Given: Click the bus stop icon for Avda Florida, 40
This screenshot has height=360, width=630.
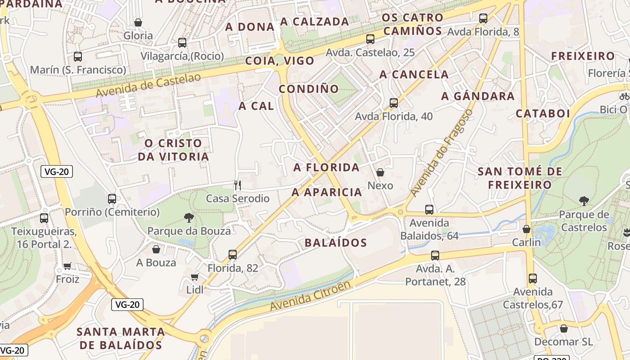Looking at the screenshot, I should click(394, 103).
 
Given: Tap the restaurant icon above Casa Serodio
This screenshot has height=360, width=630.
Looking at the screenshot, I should click(238, 185).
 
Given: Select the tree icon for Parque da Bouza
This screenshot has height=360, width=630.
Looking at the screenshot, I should click(189, 218).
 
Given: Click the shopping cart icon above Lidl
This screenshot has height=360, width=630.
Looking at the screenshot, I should click(194, 277).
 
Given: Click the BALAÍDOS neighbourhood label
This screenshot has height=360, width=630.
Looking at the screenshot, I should click(336, 243).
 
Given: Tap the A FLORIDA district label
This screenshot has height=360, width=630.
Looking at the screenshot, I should click(327, 168).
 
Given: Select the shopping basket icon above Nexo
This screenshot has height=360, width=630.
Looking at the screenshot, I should click(380, 172).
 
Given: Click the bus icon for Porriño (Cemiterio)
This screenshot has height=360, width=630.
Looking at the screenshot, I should click(112, 198).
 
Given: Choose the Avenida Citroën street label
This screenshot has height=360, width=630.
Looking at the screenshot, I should click(310, 296).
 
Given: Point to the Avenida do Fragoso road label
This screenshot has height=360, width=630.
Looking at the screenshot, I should click(441, 152).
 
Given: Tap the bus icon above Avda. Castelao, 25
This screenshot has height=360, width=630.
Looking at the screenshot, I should click(370, 39).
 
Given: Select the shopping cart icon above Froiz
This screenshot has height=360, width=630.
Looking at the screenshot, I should click(67, 266).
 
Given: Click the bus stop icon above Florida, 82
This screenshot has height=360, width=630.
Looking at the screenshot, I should click(233, 255).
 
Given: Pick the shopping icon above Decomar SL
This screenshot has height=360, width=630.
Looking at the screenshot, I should click(563, 328).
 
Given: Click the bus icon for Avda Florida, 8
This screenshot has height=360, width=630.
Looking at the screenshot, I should click(483, 18).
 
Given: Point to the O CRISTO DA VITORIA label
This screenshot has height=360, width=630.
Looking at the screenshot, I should click(173, 150).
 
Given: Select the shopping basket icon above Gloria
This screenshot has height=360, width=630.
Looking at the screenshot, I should click(138, 22).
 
